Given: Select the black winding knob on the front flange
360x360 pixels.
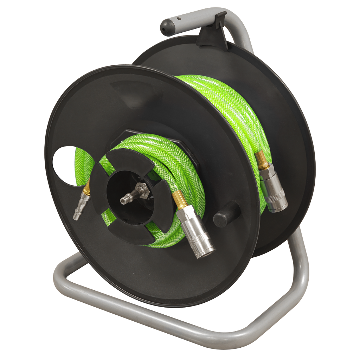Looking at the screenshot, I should point(226,215).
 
